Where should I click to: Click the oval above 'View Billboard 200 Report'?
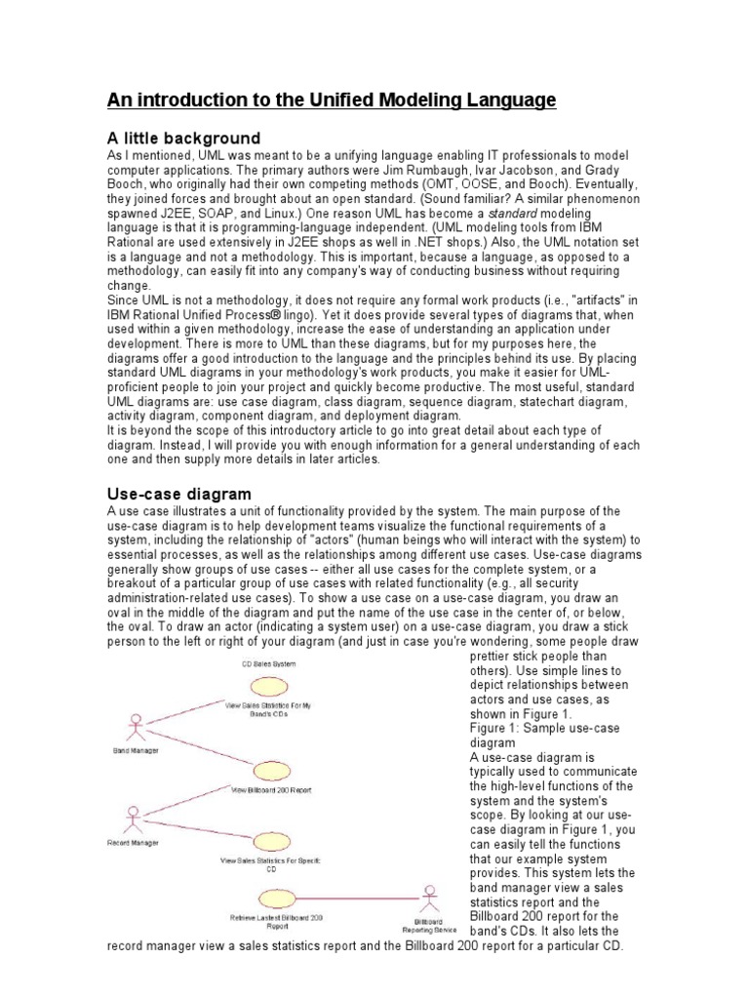(x=268, y=771)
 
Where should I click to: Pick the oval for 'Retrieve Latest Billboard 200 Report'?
(x=272, y=898)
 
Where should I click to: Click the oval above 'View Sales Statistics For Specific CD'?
(x=268, y=841)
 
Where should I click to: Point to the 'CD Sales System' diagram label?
(x=269, y=663)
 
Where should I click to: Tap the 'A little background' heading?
(x=182, y=138)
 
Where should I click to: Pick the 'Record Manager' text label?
(x=131, y=841)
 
